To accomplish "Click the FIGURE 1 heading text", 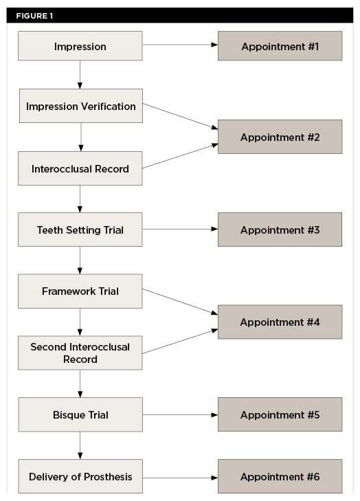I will coord(34,16).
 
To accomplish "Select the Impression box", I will coord(80,47).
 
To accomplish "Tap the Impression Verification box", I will coord(81,106).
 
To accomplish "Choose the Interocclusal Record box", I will coord(80,168).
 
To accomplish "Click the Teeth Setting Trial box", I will coord(80,230).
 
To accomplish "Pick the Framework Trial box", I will coord(80,291).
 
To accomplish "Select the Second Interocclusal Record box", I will coord(80,353).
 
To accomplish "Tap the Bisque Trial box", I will coord(80,414).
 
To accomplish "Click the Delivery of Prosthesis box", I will coord(80,476).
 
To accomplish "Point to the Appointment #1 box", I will coord(280,46).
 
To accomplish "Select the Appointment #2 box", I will coord(280,137).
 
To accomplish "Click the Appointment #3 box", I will coord(280,230).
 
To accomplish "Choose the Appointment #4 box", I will coord(280,322).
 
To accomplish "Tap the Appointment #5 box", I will coord(280,414).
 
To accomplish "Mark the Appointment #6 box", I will coord(280,476).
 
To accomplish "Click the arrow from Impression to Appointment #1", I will coord(180,46).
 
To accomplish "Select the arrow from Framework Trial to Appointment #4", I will coord(180,303).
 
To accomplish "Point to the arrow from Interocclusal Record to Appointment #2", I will coord(180,156).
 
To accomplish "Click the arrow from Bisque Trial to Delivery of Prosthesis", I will coord(80,445).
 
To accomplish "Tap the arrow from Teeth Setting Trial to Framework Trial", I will coord(80,260).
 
